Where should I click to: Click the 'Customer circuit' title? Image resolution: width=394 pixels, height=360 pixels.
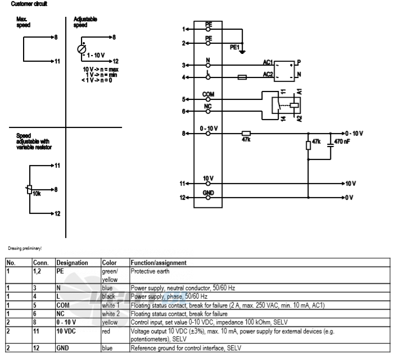pyautogui.click(x=29, y=4)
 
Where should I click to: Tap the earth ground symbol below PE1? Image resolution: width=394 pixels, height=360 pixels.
pyautogui.click(x=242, y=52)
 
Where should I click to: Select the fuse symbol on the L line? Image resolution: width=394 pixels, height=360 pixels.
pyautogui.click(x=242, y=78)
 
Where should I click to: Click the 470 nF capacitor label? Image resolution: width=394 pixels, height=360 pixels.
pyautogui.click(x=342, y=142)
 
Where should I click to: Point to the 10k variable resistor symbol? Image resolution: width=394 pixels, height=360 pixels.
pyautogui.click(x=29, y=189)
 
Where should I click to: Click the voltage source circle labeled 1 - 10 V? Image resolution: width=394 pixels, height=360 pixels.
pyautogui.click(x=81, y=49)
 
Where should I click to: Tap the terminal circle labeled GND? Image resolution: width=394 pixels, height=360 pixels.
pyautogui.click(x=208, y=198)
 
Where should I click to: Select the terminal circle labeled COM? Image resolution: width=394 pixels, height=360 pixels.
pyautogui.click(x=208, y=99)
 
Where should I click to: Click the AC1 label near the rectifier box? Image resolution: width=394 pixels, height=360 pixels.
pyautogui.click(x=268, y=62)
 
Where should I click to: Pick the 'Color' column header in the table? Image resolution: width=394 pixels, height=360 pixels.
pyautogui.click(x=109, y=263)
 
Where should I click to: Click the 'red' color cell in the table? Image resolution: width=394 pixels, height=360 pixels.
pyautogui.click(x=106, y=331)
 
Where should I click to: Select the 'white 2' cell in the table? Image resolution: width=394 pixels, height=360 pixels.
pyautogui.click(x=111, y=314)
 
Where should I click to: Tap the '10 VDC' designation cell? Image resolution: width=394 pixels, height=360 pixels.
pyautogui.click(x=66, y=331)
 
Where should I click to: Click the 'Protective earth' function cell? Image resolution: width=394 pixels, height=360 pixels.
pyautogui.click(x=150, y=271)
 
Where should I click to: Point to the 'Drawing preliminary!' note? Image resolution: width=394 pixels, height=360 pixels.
pyautogui.click(x=25, y=248)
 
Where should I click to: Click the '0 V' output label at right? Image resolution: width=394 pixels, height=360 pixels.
pyautogui.click(x=349, y=198)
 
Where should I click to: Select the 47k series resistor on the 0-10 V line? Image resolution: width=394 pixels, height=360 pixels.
pyautogui.click(x=246, y=134)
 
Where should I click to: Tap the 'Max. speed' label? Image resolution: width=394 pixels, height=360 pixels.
pyautogui.click(x=24, y=22)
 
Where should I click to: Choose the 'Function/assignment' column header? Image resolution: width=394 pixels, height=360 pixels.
pyautogui.click(x=158, y=263)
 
